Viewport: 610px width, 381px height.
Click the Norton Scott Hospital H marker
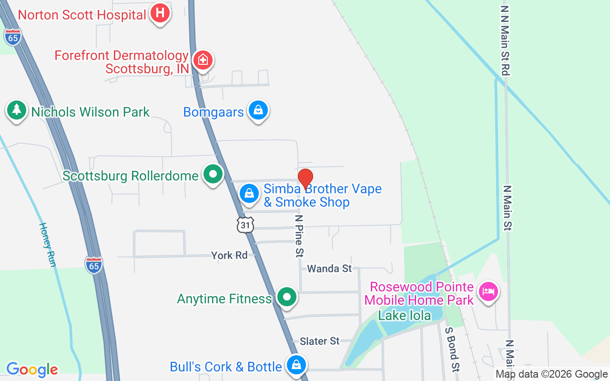[x=160, y=13]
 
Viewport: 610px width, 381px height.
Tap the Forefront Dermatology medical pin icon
[x=203, y=60]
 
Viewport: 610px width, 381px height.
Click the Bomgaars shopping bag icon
[x=258, y=110]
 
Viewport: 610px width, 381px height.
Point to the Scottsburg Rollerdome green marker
[x=213, y=174]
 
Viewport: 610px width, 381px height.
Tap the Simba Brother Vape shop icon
[x=249, y=193]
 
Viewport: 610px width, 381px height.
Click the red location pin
[x=305, y=179]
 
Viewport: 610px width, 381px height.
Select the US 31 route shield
[x=245, y=225]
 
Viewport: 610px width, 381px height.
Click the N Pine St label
[x=299, y=236]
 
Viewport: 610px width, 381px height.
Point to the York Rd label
[x=229, y=255]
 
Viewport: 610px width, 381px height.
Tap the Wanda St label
[x=329, y=269]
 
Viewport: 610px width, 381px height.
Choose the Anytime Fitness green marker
[x=287, y=297]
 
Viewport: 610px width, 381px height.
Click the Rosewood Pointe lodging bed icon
[x=488, y=291]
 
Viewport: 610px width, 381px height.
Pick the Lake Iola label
[x=404, y=315]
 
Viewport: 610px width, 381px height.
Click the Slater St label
[x=319, y=341]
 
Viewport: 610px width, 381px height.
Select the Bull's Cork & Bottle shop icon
[x=296, y=365]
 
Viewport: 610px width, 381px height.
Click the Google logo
[x=32, y=370]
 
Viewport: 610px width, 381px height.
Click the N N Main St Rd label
[x=506, y=40]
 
